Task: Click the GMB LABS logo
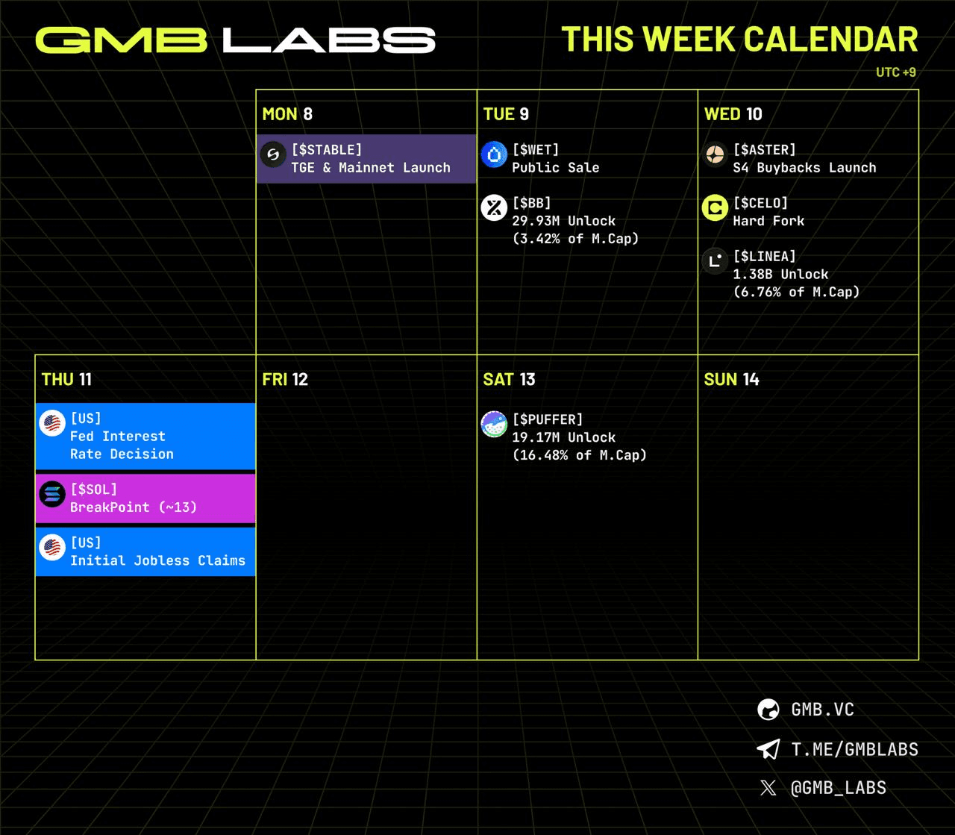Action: (235, 40)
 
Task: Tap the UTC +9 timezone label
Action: (895, 72)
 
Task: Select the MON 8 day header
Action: (287, 114)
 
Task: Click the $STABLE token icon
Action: (273, 154)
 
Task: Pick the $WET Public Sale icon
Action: (494, 154)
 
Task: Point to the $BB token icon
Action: (494, 207)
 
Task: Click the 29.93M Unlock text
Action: (563, 221)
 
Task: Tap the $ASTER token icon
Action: (715, 154)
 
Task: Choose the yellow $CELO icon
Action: (715, 207)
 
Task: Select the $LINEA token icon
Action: (715, 261)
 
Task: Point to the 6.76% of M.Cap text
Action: (796, 292)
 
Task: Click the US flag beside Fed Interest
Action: (52, 423)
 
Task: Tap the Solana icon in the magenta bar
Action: (52, 494)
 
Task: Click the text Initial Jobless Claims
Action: (157, 560)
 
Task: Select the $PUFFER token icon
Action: (494, 425)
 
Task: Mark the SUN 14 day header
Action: (731, 379)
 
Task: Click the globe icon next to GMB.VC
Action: (768, 710)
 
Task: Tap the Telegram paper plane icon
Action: (768, 749)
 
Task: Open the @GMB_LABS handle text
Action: (838, 788)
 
